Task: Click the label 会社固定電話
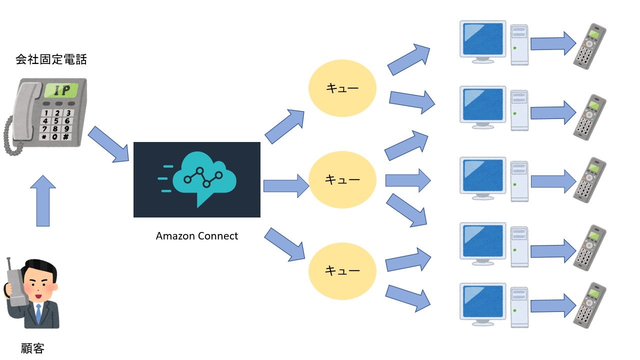(51, 60)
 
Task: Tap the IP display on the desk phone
(61, 90)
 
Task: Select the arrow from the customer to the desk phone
(43, 201)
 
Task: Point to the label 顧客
(33, 348)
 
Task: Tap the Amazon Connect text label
(197, 236)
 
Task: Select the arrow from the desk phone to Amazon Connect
(108, 144)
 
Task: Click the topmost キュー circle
(342, 88)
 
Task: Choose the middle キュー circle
(342, 179)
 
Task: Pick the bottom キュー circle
(342, 270)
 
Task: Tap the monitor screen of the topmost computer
(483, 39)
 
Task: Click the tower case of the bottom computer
(519, 304)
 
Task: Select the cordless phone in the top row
(589, 45)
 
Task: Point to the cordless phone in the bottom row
(589, 305)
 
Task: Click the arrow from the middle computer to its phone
(553, 181)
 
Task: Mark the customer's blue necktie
(38, 313)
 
